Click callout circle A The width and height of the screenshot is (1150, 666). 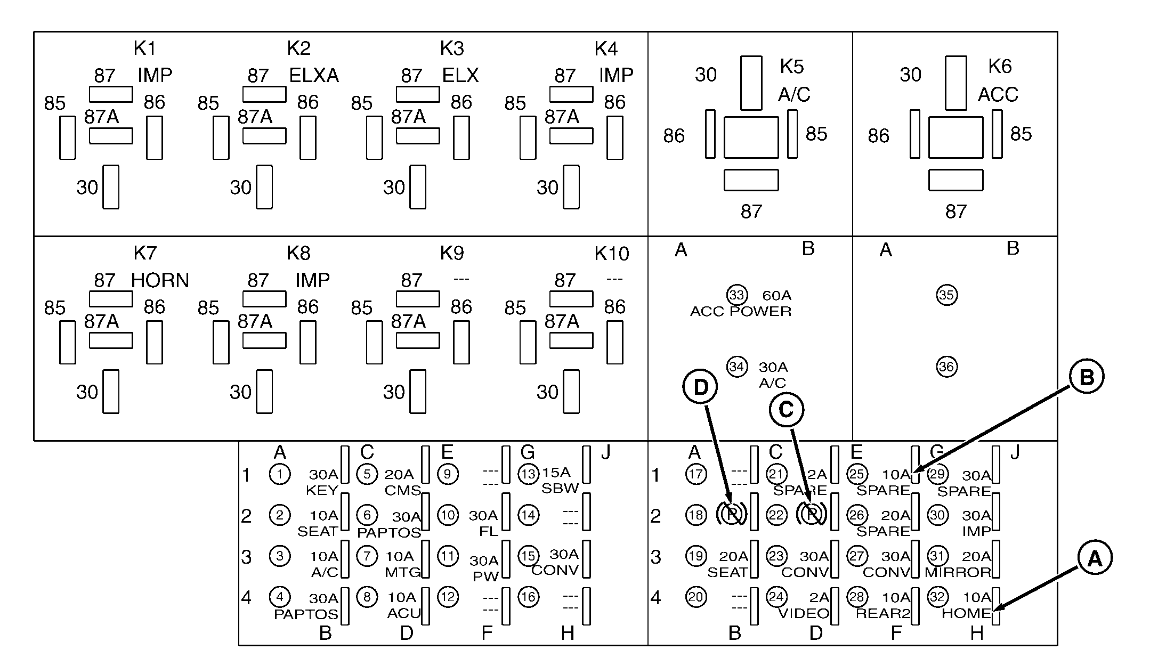[x=1095, y=558]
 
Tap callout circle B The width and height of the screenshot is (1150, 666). [x=1087, y=377]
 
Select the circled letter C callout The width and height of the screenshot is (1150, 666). [x=786, y=410]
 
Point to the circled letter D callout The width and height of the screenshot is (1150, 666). [x=700, y=387]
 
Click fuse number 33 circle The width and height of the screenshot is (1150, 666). [x=737, y=295]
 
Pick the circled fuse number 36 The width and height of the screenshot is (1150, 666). [x=946, y=367]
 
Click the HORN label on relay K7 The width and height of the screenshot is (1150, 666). [x=160, y=281]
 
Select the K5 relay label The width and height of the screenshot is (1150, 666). [x=791, y=67]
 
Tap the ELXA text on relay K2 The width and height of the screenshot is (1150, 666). [x=314, y=76]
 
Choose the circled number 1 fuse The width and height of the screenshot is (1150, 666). [x=280, y=474]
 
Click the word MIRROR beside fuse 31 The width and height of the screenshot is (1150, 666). [x=958, y=573]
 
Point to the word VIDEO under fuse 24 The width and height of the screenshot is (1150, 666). [x=804, y=614]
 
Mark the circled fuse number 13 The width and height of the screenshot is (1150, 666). [x=528, y=474]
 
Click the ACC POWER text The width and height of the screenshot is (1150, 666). [x=741, y=312]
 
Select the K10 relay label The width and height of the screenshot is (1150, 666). [x=612, y=254]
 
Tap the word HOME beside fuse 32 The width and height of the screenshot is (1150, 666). [x=966, y=614]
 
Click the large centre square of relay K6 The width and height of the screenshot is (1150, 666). [x=955, y=137]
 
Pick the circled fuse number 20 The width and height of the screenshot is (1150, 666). [x=696, y=597]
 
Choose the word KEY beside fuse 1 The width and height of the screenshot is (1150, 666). [x=322, y=491]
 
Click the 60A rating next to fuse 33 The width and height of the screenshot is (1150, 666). [x=777, y=296]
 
